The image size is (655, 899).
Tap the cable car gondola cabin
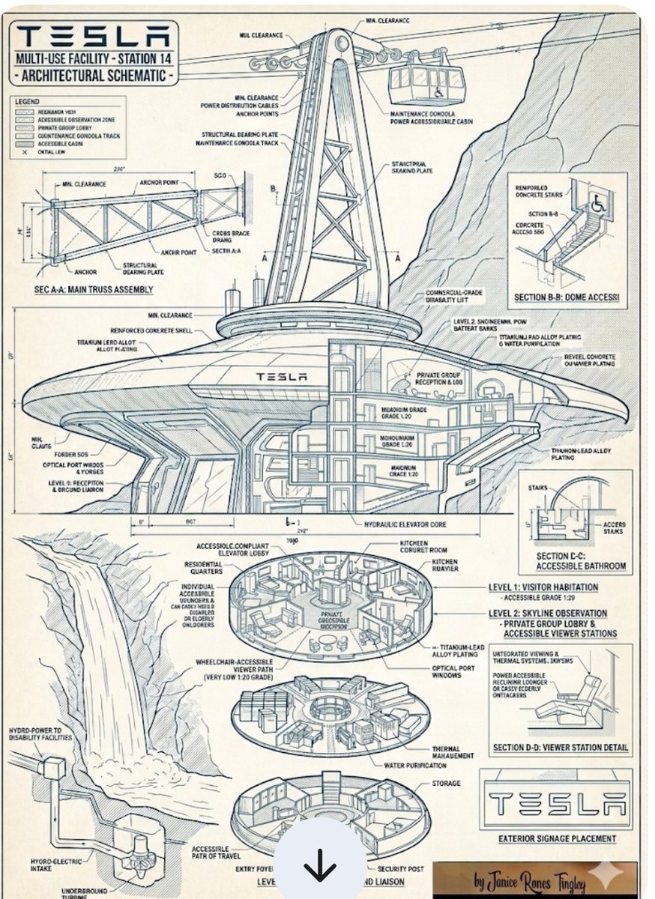(x=426, y=82)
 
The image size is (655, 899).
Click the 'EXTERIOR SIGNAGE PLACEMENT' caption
(x=557, y=838)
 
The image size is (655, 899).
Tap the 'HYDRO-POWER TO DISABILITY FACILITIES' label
(x=42, y=733)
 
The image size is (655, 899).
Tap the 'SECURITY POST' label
(x=401, y=869)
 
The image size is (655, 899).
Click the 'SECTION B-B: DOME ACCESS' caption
(x=567, y=297)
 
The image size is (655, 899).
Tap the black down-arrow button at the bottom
(x=320, y=868)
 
